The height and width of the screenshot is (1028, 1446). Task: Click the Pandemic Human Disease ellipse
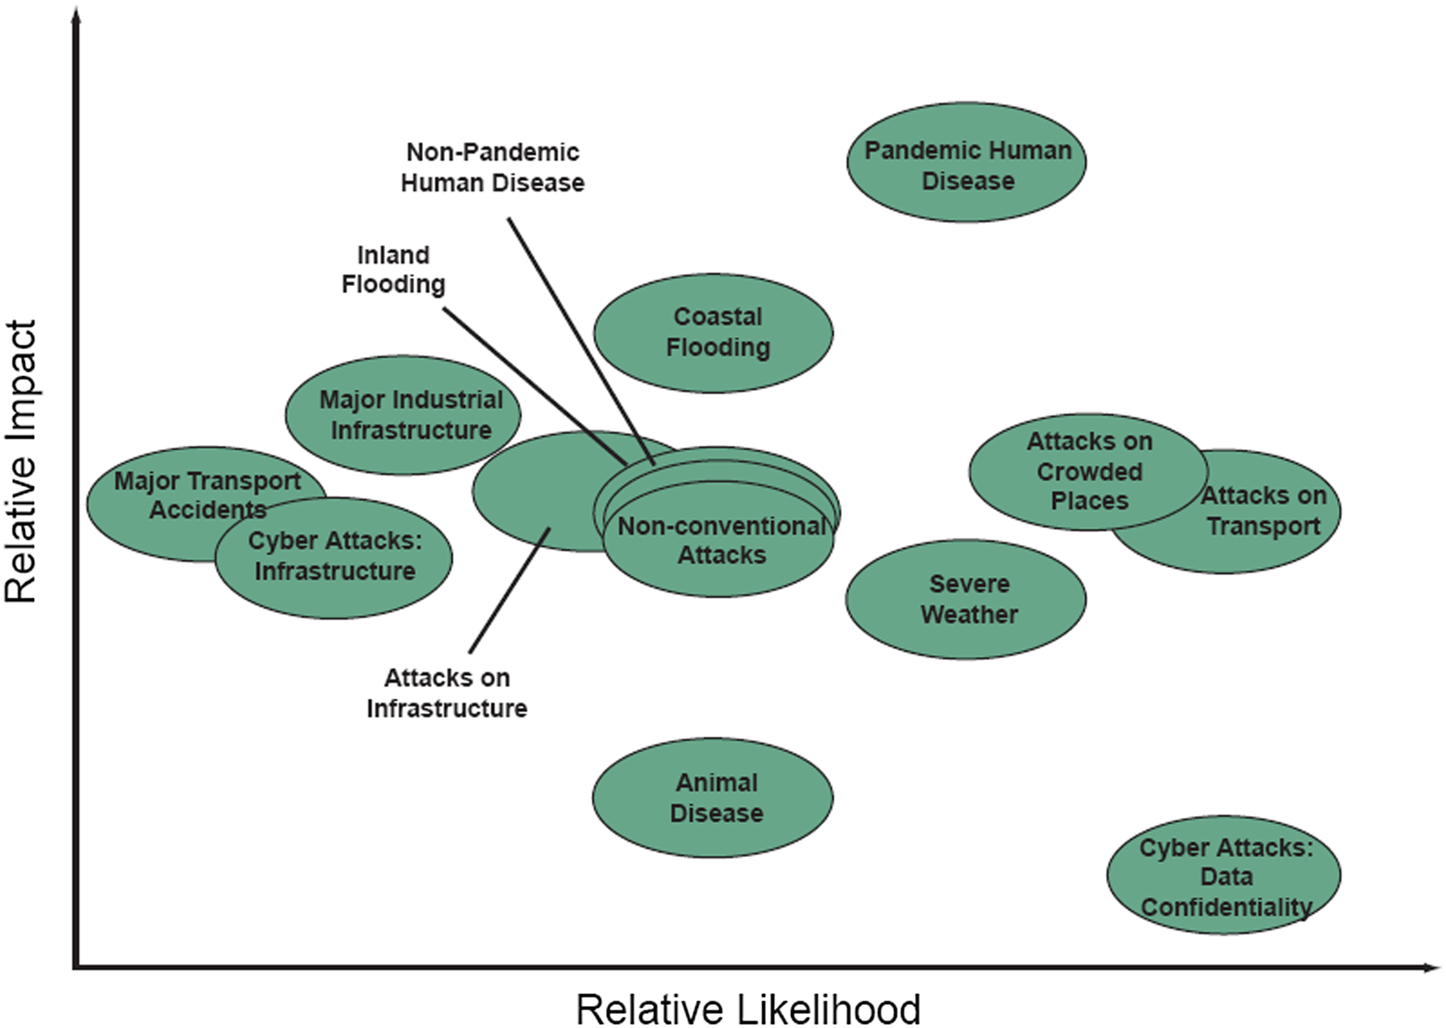967,163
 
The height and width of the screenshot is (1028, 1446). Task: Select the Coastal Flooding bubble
713,333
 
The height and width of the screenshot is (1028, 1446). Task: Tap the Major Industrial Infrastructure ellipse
403,415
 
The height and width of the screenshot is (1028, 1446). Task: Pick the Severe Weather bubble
966,599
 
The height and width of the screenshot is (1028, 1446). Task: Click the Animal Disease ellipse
713,798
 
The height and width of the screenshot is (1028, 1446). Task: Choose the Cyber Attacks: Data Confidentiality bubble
1224,875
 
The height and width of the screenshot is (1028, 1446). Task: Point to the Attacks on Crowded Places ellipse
1089,472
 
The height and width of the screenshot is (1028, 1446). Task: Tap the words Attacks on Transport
1263,510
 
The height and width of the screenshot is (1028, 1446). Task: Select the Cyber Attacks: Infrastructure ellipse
334,558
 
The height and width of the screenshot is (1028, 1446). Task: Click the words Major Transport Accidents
207,495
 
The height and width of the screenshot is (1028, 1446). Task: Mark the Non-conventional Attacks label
722,540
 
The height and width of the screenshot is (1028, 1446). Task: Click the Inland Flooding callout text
393,269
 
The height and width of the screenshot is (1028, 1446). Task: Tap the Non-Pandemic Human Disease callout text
493,167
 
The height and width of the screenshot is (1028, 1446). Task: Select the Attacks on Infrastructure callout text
447,693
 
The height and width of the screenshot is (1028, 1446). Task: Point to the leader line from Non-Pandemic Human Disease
581,341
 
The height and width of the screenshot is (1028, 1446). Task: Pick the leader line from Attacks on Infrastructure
510,590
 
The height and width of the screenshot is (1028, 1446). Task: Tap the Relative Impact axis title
21,461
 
